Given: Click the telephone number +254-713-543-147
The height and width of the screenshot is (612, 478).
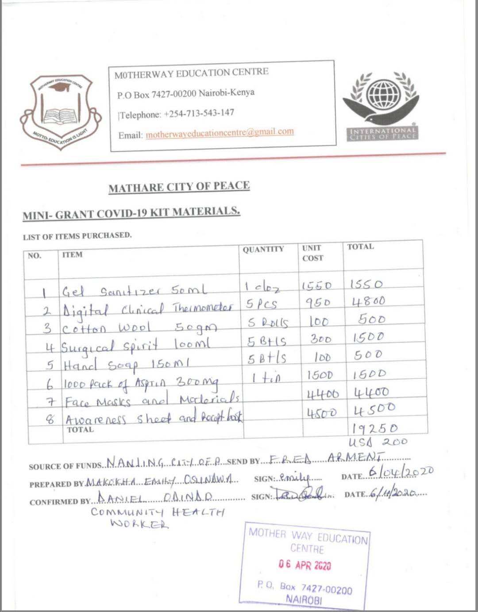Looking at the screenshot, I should coord(199,113).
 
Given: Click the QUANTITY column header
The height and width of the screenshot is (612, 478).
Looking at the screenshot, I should coord(263,250).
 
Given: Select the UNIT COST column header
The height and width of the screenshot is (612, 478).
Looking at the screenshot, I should coord(312,253).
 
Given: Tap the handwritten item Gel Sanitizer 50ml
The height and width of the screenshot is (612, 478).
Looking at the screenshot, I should coord(135,291).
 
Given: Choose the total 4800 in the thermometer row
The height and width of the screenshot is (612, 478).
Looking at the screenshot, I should coord(369,302).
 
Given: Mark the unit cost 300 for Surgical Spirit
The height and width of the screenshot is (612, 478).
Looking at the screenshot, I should coord(321,340).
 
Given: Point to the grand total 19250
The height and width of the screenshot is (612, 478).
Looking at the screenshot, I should coord(375,428).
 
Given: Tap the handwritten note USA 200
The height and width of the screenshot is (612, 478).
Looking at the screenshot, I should coord(378,442).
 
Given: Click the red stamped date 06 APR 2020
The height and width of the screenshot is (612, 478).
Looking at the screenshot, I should coord(305,565).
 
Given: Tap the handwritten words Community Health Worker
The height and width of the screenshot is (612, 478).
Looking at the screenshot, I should coord(157,518).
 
